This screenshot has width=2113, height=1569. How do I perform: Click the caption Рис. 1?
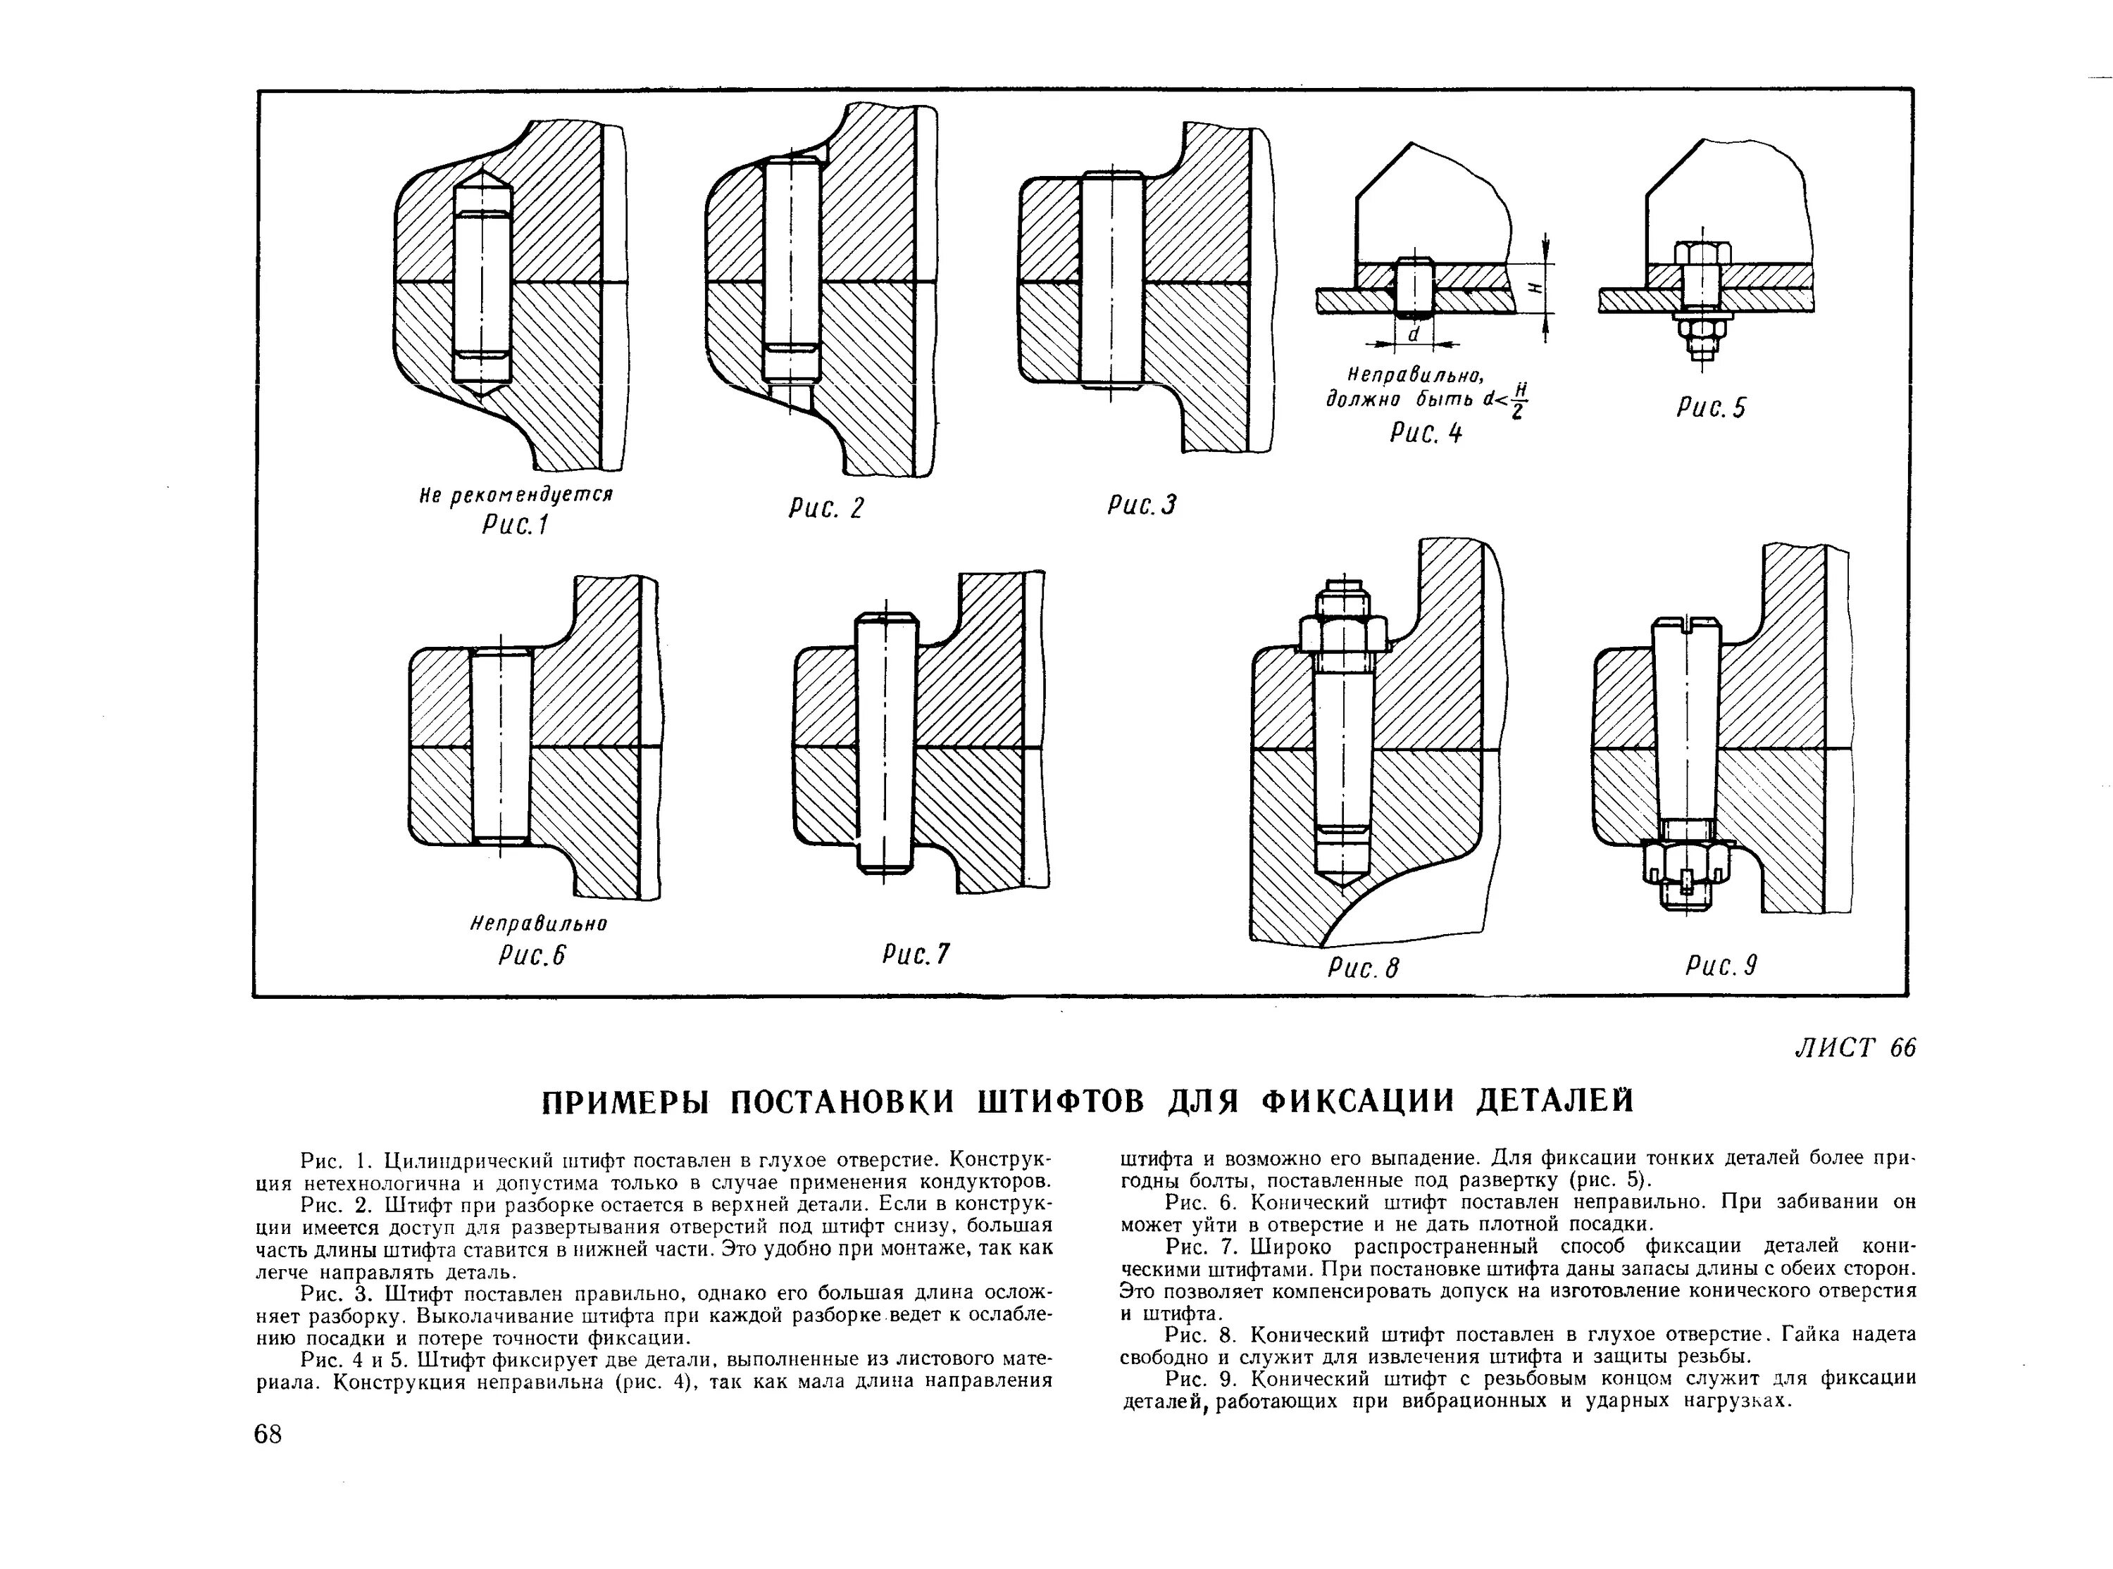point(515,525)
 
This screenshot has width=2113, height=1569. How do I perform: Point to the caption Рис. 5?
point(1711,408)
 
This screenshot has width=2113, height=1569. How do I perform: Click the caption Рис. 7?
point(915,954)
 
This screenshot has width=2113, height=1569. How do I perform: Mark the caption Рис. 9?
point(1721,966)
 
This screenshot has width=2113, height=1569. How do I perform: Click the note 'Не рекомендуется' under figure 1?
point(516,496)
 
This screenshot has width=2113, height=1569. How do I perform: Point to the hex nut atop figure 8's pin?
point(1342,634)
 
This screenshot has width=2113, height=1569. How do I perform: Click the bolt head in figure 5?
point(1702,253)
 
